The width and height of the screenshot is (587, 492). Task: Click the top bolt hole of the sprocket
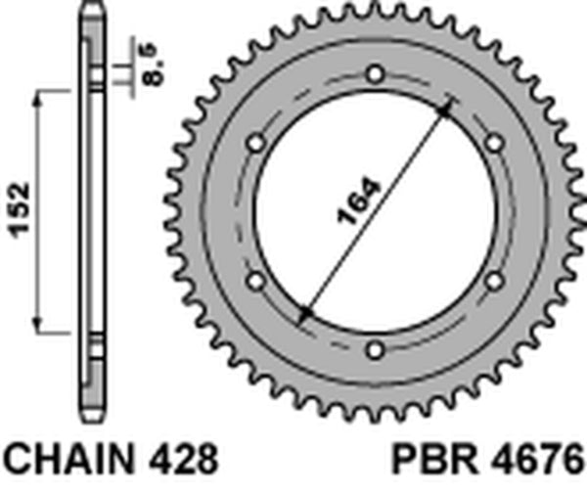tap(376, 74)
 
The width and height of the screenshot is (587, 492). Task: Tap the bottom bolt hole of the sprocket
tap(376, 348)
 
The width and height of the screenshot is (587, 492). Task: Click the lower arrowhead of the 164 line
tap(305, 315)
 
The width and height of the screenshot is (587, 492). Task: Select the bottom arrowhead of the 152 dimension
tap(39, 326)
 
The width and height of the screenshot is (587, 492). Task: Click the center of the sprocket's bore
tap(376, 211)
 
